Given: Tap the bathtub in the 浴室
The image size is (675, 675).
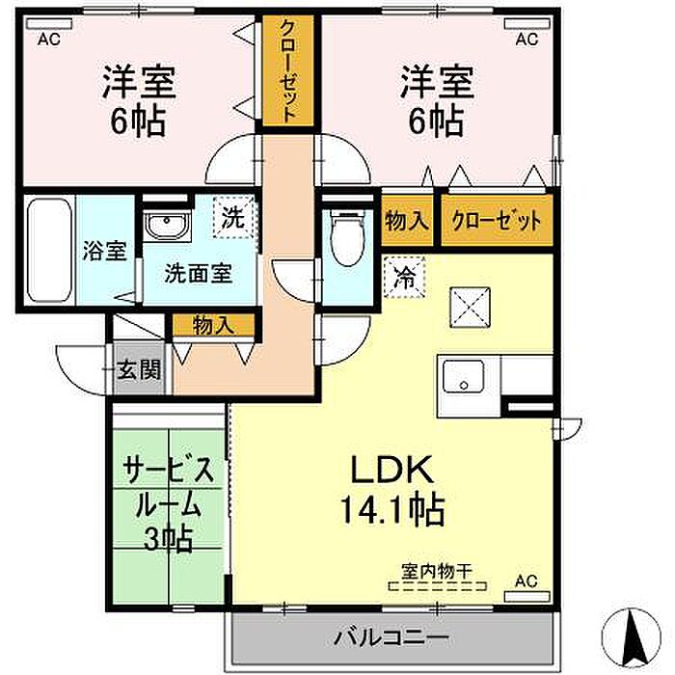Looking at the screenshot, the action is coord(49,250).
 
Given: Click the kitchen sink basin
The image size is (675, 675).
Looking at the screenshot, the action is coord(464,377).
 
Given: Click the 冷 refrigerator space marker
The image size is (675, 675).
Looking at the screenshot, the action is coord(405,277).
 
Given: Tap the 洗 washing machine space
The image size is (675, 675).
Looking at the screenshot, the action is coord(233,217).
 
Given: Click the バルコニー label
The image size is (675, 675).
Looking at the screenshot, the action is coord(391,636).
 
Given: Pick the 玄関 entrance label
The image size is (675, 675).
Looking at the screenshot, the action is coord(139,369).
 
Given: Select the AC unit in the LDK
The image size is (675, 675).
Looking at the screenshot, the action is coord(527,596).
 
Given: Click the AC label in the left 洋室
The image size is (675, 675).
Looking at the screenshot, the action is coord(48,40).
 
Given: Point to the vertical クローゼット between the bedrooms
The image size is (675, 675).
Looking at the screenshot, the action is coord(288,70).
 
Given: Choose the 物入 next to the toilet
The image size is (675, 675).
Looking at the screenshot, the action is coord(407,221).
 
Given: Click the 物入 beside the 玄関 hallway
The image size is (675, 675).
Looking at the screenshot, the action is coord(213,325).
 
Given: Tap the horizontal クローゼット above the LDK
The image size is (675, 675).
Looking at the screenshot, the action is coord(497,221).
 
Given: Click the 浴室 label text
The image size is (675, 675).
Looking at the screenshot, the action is coord(104,251).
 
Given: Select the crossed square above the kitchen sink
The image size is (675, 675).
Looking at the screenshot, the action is coord(471,308).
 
